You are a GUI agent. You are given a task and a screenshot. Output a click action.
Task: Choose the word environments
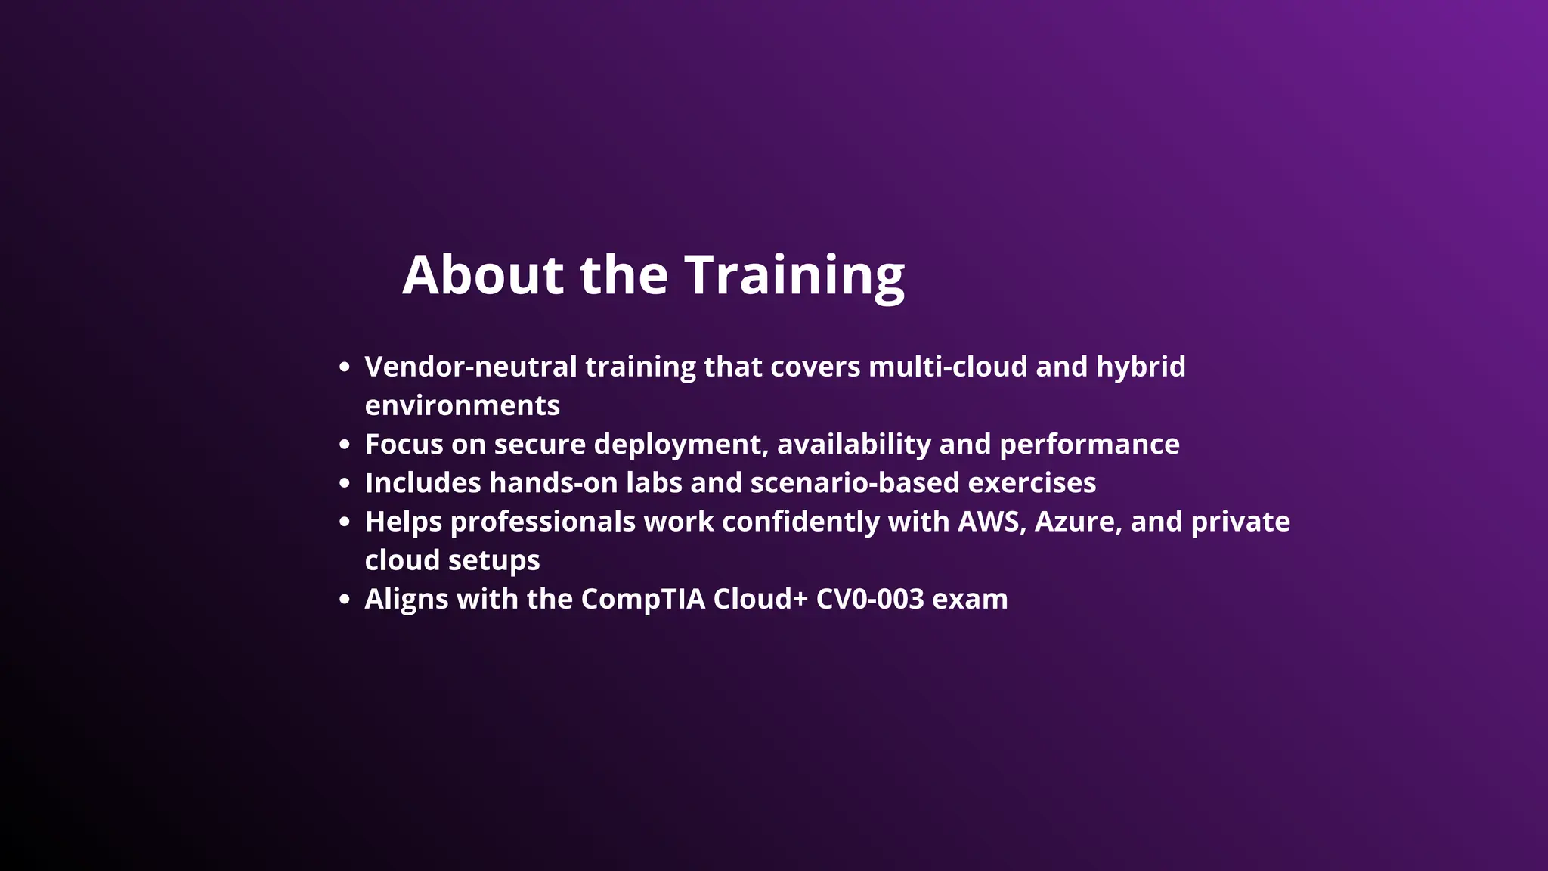tap(463, 406)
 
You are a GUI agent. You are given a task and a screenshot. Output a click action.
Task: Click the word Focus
tap(404, 445)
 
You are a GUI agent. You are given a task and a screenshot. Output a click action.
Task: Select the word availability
tap(854, 445)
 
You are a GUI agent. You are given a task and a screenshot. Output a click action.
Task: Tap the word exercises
tap(1032, 483)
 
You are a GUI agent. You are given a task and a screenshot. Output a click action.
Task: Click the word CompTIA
tap(642, 600)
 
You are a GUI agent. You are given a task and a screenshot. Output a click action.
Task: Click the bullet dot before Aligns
tap(345, 600)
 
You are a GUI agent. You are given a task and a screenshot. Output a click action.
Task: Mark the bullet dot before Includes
tap(345, 483)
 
